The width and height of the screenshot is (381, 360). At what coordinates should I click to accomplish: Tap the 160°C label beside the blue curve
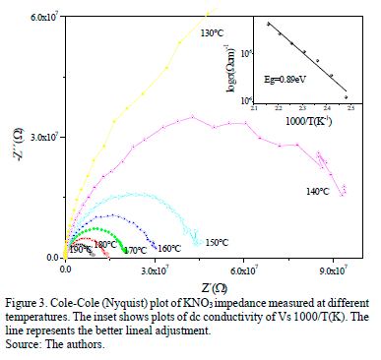click(169, 248)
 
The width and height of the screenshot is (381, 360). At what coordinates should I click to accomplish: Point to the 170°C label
click(135, 251)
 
